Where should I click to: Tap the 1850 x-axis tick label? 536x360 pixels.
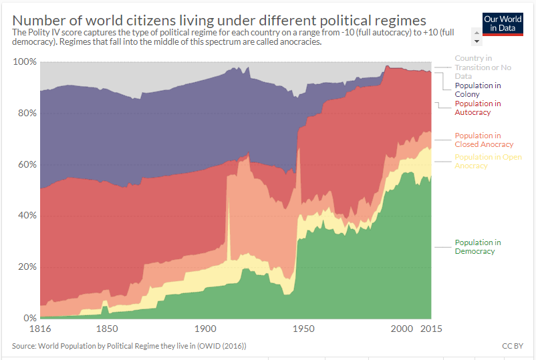(x=107, y=329)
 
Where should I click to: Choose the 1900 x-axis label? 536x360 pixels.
(x=205, y=329)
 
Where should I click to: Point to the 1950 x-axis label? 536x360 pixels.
(x=303, y=329)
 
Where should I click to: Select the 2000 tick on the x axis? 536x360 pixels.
(x=402, y=329)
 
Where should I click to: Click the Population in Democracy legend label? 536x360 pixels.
(x=477, y=247)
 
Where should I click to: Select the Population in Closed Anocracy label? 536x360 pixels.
(x=483, y=140)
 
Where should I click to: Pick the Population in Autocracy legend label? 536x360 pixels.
(x=477, y=108)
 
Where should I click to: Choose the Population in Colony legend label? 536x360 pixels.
(x=477, y=90)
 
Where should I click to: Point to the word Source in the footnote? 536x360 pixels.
(x=24, y=346)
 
